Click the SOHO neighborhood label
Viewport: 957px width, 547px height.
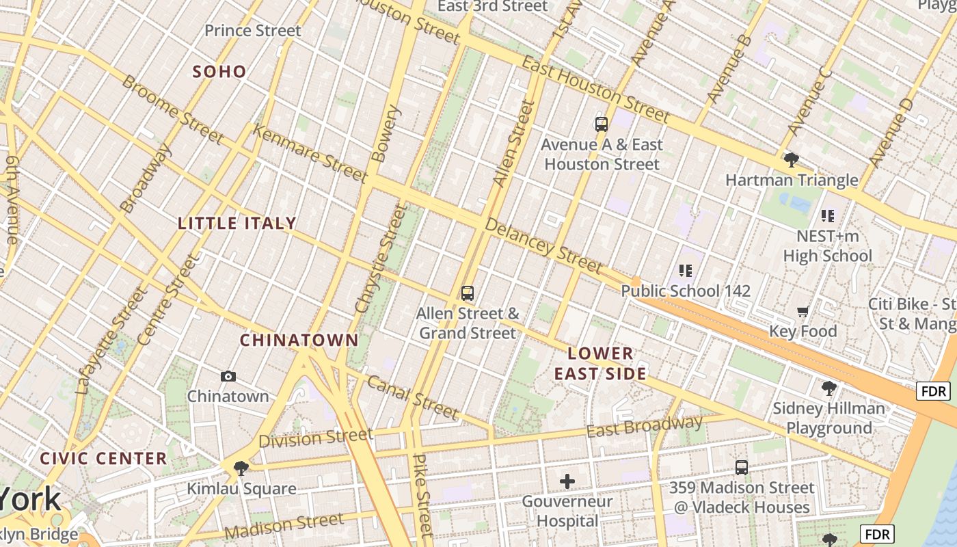pyautogui.click(x=219, y=72)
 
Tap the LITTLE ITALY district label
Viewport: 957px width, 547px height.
pyautogui.click(x=237, y=224)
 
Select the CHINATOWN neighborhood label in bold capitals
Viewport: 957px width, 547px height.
pyautogui.click(x=299, y=340)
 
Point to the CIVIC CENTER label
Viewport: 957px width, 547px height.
pyautogui.click(x=103, y=458)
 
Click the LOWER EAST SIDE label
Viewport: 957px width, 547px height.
pyautogui.click(x=600, y=364)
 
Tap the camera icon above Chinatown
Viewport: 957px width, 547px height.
pyautogui.click(x=228, y=377)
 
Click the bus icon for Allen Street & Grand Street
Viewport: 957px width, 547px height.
pyautogui.click(x=468, y=293)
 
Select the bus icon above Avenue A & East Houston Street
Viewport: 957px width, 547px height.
pyautogui.click(x=602, y=124)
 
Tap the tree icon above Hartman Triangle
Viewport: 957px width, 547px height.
pyautogui.click(x=792, y=160)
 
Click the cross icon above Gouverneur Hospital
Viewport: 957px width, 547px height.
pyautogui.click(x=567, y=481)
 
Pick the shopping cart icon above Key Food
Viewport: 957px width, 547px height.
pyautogui.click(x=803, y=312)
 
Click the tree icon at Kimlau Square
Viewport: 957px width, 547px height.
pyautogui.click(x=241, y=468)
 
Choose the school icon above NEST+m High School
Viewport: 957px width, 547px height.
pyautogui.click(x=828, y=216)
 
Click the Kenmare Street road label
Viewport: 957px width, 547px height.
pyautogui.click(x=310, y=153)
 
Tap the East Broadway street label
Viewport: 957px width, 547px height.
pyautogui.click(x=645, y=426)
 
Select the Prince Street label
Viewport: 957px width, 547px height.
pyautogui.click(x=253, y=31)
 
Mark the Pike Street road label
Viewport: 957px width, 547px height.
pyautogui.click(x=423, y=494)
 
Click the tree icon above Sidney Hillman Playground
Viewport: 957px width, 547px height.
pyautogui.click(x=828, y=388)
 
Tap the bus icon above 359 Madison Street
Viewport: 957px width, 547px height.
pyautogui.click(x=742, y=468)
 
